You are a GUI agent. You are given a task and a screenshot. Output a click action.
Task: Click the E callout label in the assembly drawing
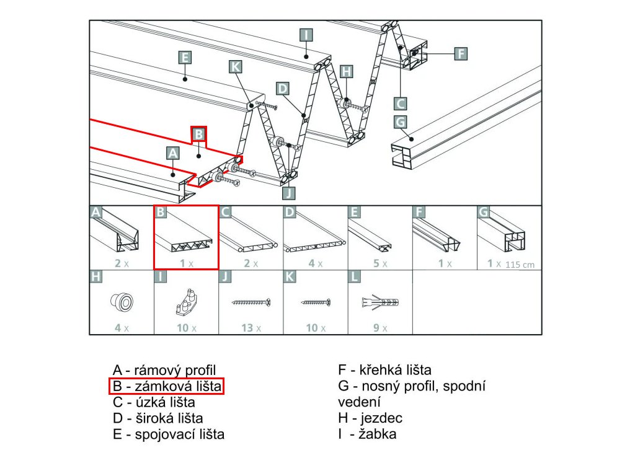184,58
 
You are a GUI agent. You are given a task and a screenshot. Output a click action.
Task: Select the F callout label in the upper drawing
460,54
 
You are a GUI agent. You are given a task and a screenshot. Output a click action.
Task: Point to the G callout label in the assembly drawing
401,121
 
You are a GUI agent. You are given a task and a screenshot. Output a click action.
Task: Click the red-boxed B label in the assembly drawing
198,134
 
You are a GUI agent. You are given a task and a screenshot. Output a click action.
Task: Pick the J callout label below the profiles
289,192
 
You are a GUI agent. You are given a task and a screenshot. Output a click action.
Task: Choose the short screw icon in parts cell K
316,302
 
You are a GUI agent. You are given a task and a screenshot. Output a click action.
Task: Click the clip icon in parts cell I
186,302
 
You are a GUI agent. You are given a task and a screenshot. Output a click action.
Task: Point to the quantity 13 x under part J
251,328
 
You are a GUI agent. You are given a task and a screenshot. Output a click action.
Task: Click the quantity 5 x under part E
380,263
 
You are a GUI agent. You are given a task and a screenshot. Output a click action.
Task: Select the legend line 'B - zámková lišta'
166,386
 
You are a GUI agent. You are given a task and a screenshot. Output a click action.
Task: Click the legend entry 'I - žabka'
367,434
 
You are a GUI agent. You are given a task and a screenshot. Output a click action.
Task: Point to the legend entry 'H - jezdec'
370,418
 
